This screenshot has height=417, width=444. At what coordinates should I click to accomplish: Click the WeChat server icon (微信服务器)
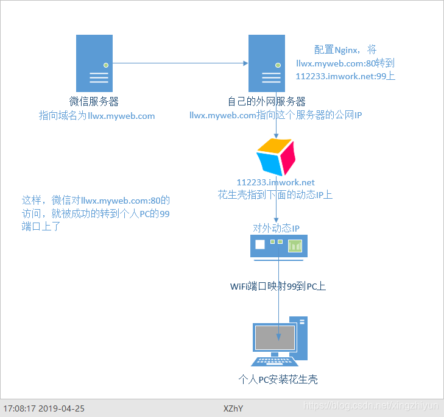(x=94, y=63)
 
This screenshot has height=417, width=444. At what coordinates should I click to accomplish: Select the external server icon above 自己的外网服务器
(x=267, y=63)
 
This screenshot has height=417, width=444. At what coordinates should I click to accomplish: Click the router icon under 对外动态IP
(x=279, y=246)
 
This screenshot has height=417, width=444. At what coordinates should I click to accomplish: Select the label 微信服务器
(x=94, y=101)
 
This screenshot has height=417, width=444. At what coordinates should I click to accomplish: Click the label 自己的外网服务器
(x=267, y=101)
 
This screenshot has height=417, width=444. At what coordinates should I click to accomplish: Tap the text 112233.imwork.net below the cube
(x=275, y=182)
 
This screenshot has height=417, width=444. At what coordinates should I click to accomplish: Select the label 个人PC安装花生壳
(x=278, y=379)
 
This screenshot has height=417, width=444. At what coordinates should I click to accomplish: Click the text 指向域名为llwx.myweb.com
(x=97, y=115)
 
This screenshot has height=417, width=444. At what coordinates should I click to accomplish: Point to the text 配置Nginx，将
(x=346, y=50)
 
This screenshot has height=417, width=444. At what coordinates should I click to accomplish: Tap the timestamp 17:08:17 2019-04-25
(x=44, y=408)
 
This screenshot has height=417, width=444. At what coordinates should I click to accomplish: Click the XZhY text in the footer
(x=233, y=408)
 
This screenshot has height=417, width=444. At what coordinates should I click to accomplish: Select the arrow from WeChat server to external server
(x=180, y=63)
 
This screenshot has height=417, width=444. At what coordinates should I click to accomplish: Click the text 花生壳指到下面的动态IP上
(x=275, y=194)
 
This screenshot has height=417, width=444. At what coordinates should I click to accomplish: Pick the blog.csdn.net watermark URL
(x=370, y=405)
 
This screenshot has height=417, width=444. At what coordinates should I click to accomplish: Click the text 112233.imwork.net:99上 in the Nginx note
(x=346, y=77)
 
